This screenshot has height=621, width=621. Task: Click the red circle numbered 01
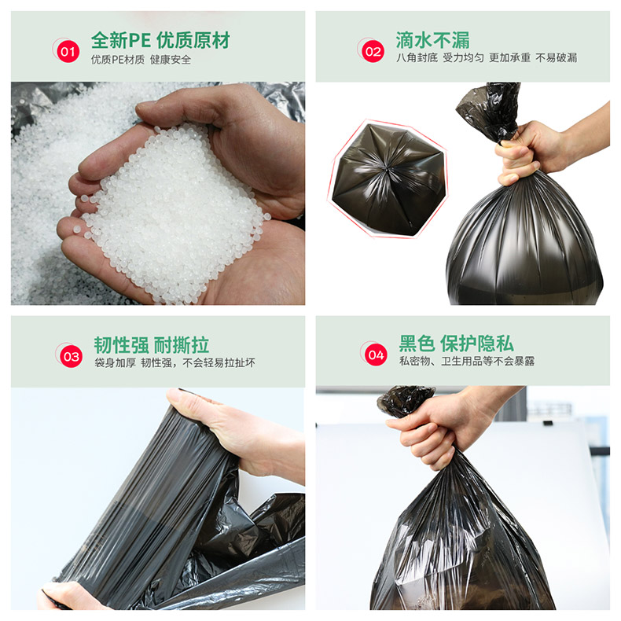[x=68, y=51]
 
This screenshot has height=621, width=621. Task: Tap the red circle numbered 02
[x=373, y=51]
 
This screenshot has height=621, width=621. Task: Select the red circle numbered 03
[x=71, y=356]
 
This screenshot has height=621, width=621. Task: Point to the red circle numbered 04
[x=376, y=355]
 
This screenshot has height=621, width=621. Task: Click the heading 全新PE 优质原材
[x=160, y=40]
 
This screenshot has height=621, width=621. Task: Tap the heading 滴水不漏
[x=432, y=40]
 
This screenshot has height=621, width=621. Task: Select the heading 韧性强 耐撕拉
[x=151, y=345]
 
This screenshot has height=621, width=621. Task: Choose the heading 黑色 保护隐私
[x=456, y=344]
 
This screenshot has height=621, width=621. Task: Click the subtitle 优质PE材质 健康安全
[x=141, y=60]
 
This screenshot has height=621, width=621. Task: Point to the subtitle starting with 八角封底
[x=487, y=58]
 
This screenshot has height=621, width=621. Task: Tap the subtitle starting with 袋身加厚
[x=175, y=363]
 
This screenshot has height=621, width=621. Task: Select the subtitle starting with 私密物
[x=467, y=361]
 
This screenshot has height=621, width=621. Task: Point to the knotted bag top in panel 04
[x=405, y=401]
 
